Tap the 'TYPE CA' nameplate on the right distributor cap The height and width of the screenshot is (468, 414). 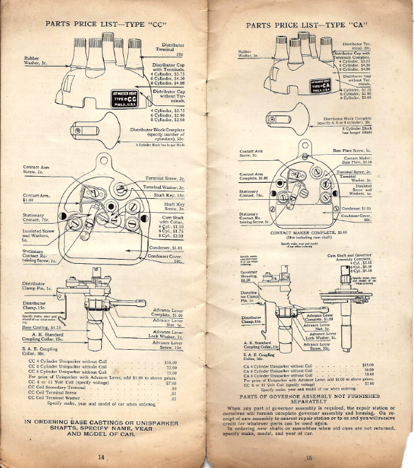[x=322, y=85]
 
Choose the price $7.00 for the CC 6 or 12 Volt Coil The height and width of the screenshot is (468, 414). [x=171, y=383]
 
